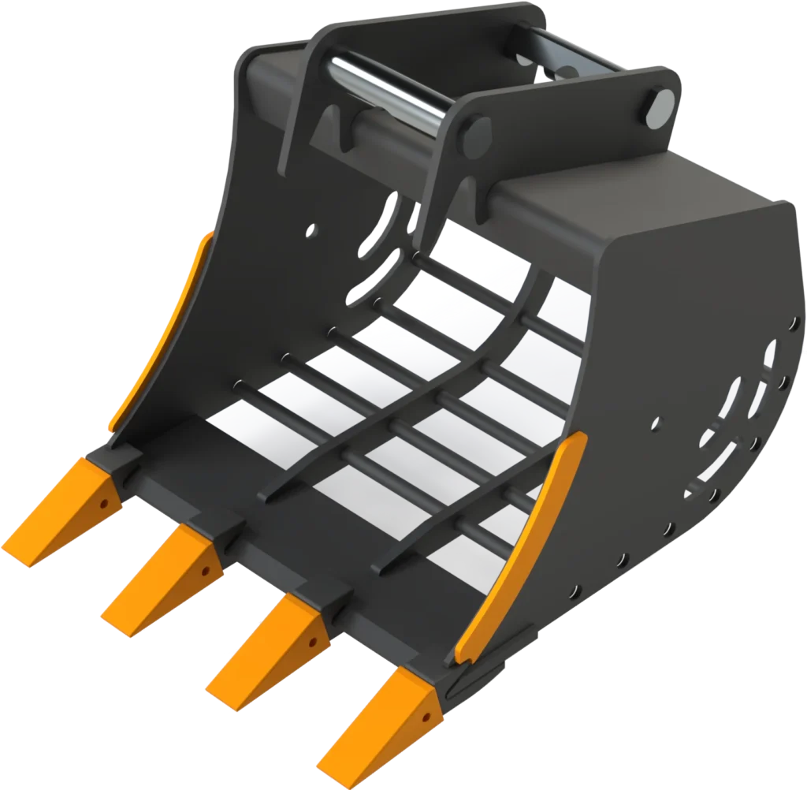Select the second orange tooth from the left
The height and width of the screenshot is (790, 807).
pos(158,579)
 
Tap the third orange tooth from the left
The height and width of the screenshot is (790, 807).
pos(264,650)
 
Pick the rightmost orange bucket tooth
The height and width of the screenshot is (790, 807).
pos(374,721)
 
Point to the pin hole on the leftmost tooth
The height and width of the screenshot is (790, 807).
pos(103,501)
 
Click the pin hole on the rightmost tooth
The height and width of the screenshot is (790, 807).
pos(426,717)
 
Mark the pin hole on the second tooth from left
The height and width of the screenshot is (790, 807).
pos(206,569)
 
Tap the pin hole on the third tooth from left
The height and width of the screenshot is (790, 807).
pos(314,640)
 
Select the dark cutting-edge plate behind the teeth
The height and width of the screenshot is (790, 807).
pos(260,536)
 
